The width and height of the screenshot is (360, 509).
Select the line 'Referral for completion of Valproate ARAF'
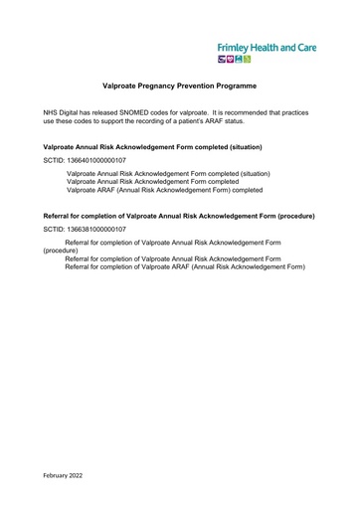click(185, 267)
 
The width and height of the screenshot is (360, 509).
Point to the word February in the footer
click(58, 475)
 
